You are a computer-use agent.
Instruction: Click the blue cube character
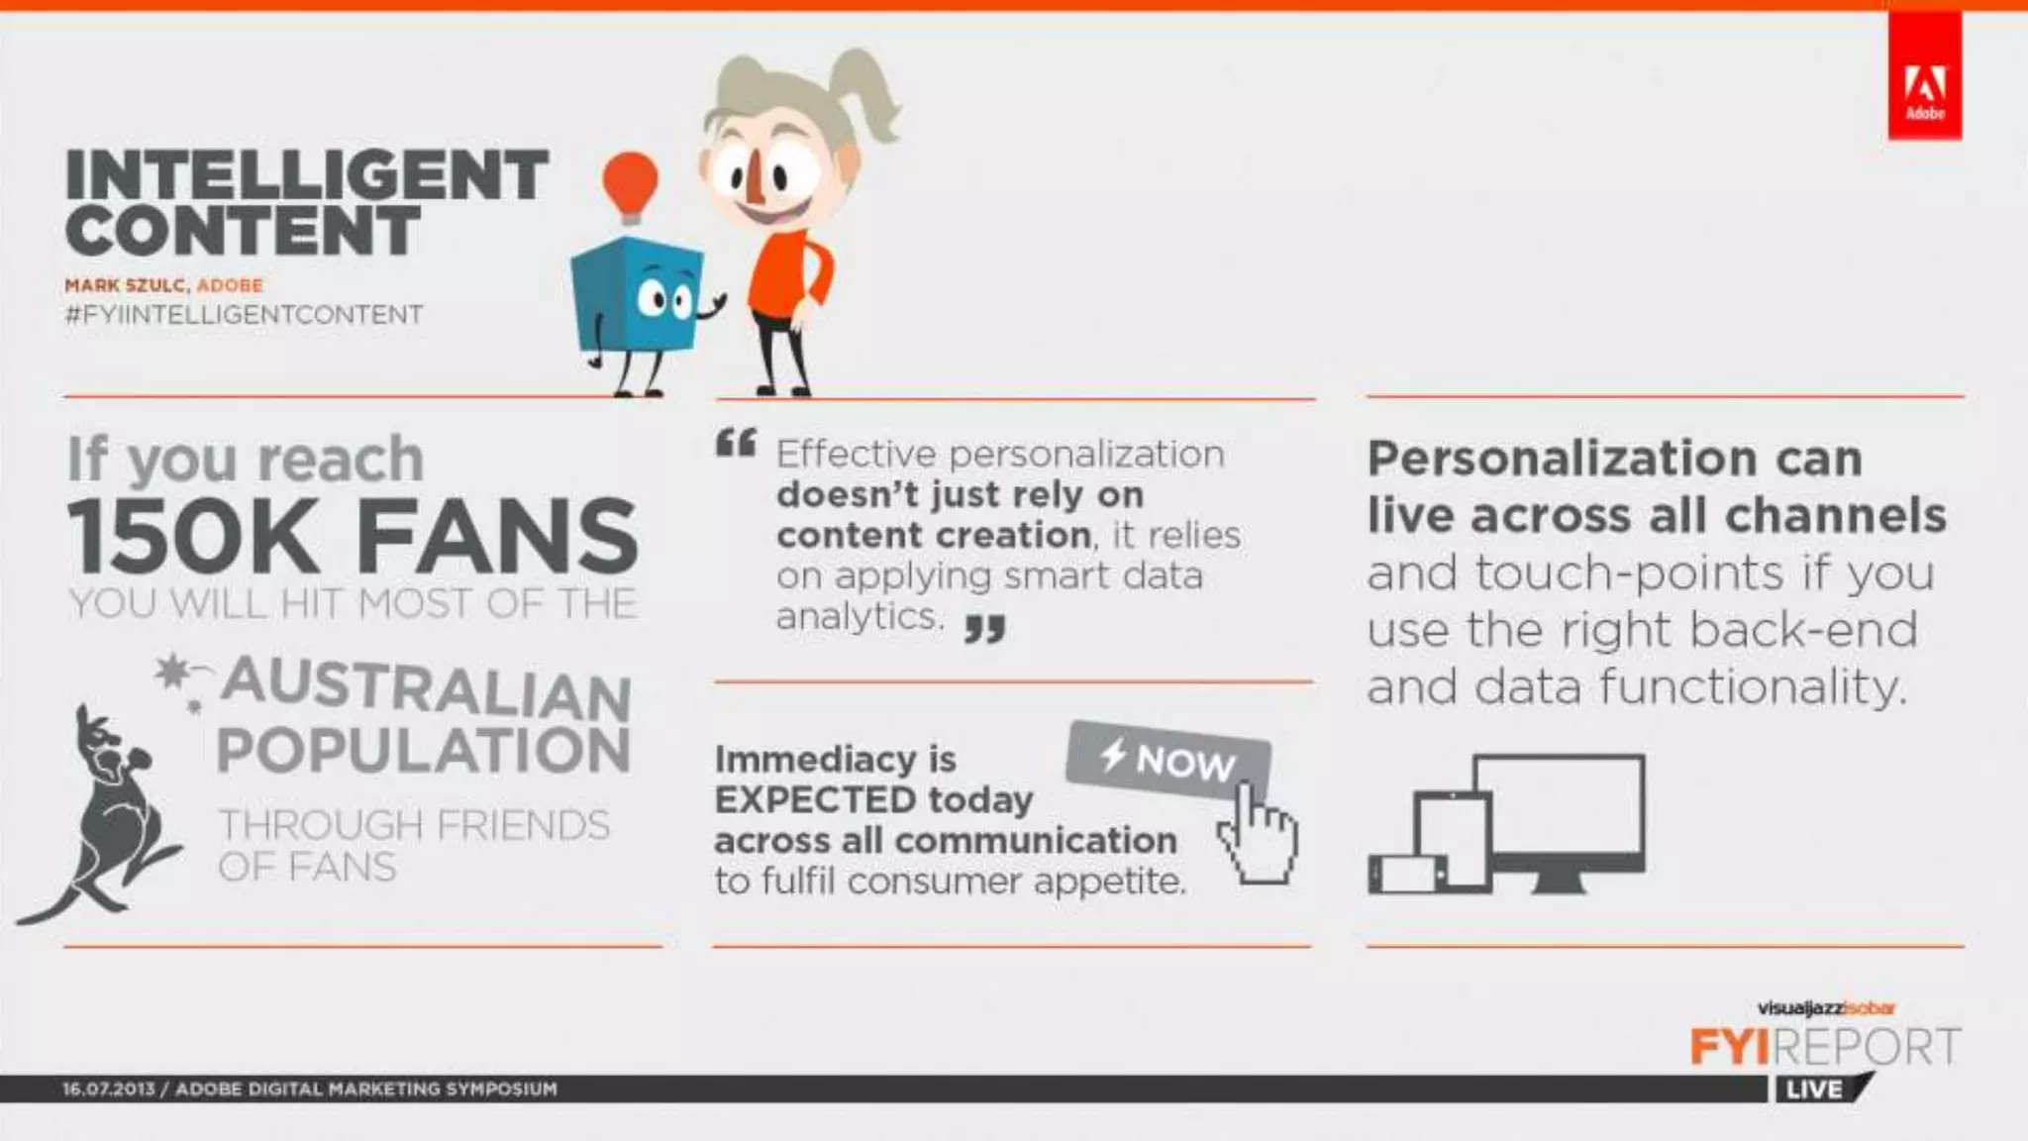pyautogui.click(x=636, y=296)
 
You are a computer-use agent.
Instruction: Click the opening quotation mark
pyautogui.click(x=736, y=443)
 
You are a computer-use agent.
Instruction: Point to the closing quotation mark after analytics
pyautogui.click(x=984, y=628)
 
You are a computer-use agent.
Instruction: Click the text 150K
pyautogui.click(x=193, y=536)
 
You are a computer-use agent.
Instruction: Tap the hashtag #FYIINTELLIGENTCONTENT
pyautogui.click(x=244, y=315)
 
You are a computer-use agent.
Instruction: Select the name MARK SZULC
pyautogui.click(x=125, y=285)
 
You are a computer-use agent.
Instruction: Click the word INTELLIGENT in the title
pyautogui.click(x=306, y=175)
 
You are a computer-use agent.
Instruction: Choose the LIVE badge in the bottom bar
pyautogui.click(x=1814, y=1089)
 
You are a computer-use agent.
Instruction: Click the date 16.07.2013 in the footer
pyautogui.click(x=108, y=1089)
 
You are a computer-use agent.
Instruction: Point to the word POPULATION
pyautogui.click(x=423, y=750)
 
